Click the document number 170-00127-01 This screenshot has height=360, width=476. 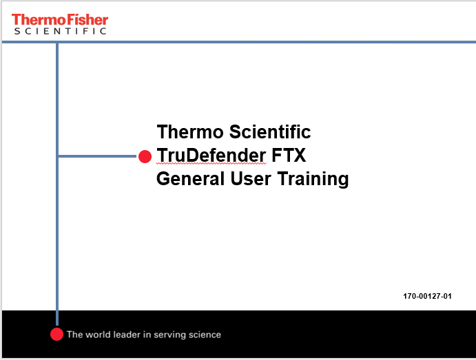coord(427,296)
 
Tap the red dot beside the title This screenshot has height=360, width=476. coord(145,156)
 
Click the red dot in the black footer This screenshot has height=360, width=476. coord(57,335)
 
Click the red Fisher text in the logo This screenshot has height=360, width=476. coord(86,19)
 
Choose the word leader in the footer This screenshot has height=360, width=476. coord(130,335)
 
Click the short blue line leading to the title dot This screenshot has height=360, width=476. coord(96,156)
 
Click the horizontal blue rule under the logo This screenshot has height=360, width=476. coord(276,42)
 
